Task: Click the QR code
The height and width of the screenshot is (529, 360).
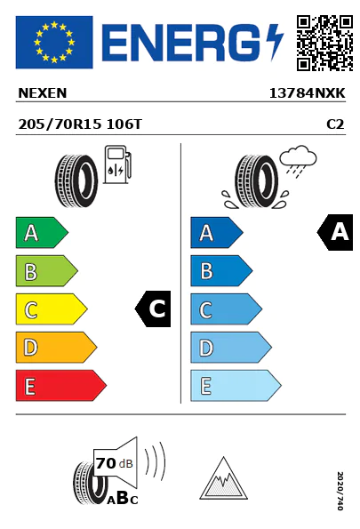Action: coord(324,43)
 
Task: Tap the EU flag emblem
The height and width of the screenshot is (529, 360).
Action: coord(54,42)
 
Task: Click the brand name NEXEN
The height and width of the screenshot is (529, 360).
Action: coord(43,93)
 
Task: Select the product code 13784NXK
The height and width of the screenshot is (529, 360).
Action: coord(307,93)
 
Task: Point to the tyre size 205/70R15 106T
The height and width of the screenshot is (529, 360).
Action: coord(80,124)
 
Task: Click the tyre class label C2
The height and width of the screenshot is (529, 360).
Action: coord(335,124)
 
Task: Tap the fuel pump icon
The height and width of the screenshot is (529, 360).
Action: coord(117,164)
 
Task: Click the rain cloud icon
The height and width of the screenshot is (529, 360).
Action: coord(298,161)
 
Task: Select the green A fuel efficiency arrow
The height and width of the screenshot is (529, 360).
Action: coord(42,232)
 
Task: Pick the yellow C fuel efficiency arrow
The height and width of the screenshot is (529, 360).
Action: coord(52,309)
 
